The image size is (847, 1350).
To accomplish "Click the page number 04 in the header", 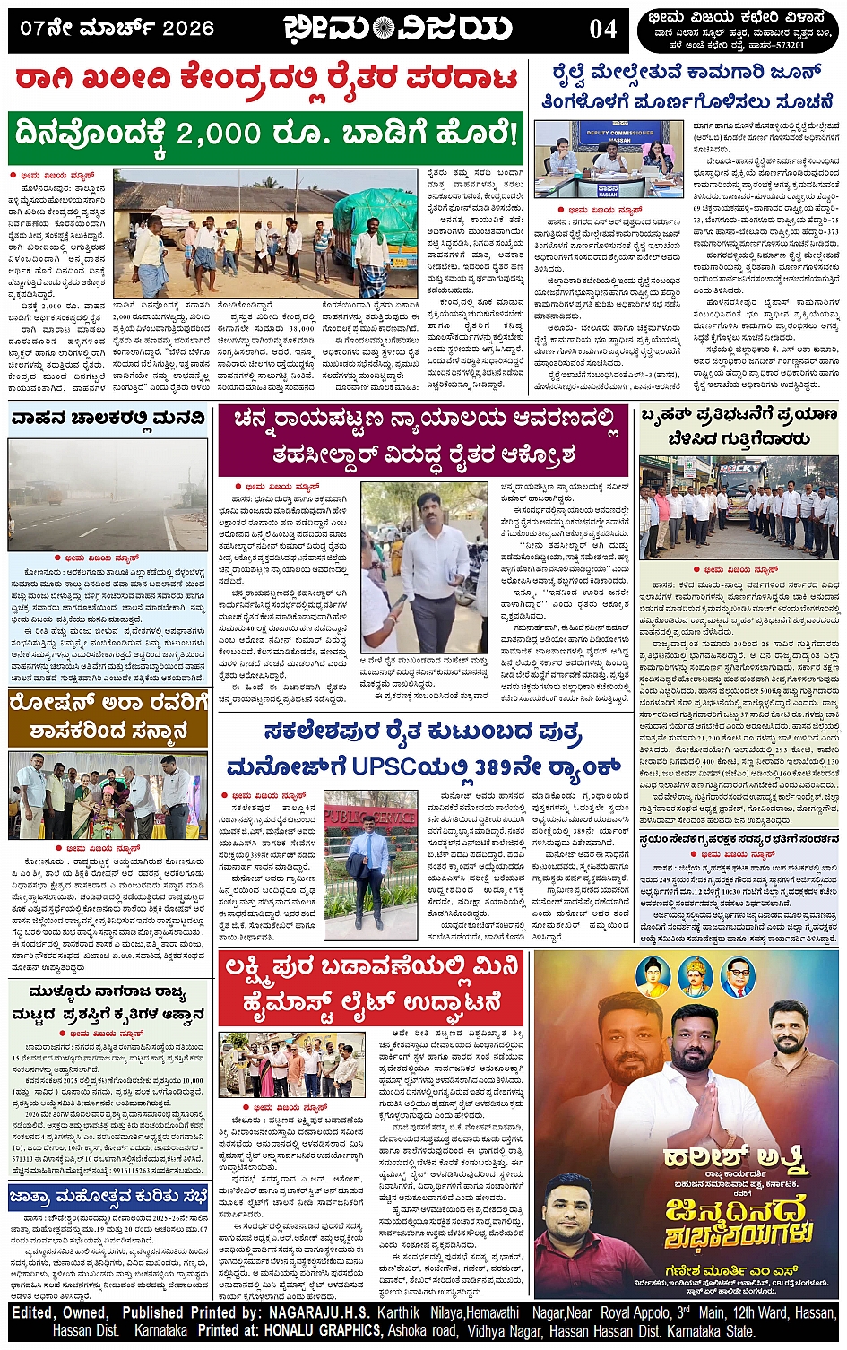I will (602, 29).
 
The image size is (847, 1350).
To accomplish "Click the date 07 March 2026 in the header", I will (117, 29).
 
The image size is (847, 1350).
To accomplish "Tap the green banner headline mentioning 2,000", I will (265, 135).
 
